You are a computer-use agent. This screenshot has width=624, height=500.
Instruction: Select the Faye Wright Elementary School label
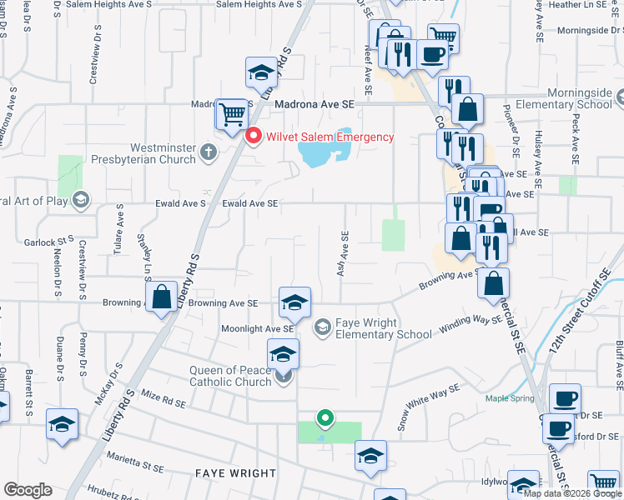click(x=383, y=328)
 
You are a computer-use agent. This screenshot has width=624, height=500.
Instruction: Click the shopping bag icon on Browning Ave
click(x=162, y=297)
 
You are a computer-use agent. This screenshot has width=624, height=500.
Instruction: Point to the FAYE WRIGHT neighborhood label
click(x=235, y=473)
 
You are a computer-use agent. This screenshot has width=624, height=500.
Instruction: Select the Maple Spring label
click(x=511, y=398)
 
